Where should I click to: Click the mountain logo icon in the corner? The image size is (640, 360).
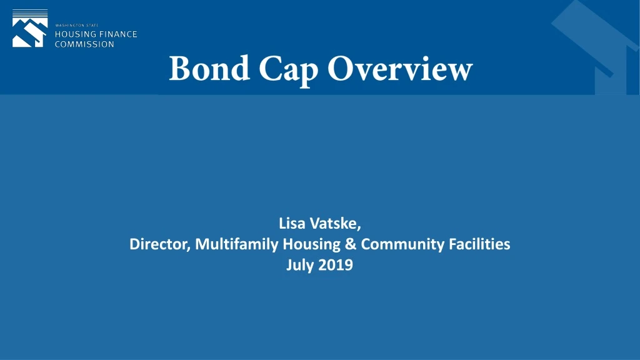pyautogui.click(x=29, y=29)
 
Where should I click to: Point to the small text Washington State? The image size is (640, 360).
pyautogui.click(x=77, y=25)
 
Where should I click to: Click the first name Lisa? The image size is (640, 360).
pyautogui.click(x=292, y=223)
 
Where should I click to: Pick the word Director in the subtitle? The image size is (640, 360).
pyautogui.click(x=158, y=244)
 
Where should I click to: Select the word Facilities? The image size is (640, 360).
pyautogui.click(x=480, y=244)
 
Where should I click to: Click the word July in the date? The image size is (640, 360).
pyautogui.click(x=299, y=265)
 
